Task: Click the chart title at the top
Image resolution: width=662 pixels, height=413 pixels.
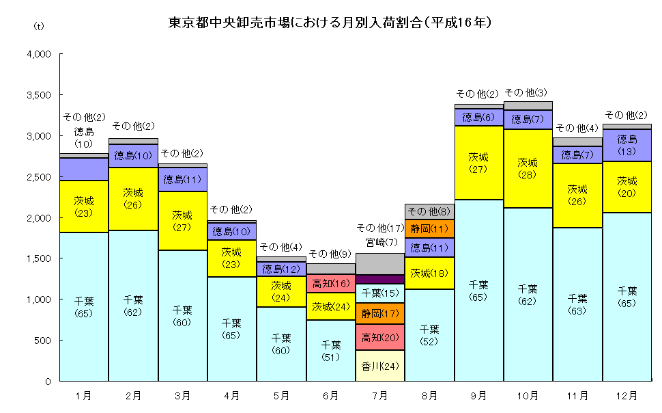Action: [331, 23]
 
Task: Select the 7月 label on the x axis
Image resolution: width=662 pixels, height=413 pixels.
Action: [380, 395]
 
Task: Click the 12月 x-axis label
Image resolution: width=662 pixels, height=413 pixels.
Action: [627, 395]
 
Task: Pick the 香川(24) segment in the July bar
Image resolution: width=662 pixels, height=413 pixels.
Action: [380, 365]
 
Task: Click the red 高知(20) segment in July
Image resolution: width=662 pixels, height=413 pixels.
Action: [380, 337]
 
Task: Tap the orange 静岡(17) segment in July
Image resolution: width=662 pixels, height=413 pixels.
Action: [380, 313]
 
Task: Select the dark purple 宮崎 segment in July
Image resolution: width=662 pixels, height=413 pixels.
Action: [380, 279]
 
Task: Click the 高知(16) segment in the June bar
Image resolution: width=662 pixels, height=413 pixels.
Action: [331, 283]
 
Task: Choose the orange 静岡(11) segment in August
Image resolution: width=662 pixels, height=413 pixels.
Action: [429, 229]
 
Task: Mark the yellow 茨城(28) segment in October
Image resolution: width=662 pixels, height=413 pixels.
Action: [528, 168]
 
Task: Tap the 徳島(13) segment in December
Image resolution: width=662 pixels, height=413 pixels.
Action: [627, 145]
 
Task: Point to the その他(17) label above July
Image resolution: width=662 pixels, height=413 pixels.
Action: [380, 228]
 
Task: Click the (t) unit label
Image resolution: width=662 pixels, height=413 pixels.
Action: [38, 26]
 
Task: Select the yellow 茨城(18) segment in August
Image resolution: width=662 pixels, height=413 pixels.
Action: [429, 273]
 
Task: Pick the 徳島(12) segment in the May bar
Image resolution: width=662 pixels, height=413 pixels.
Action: [281, 269]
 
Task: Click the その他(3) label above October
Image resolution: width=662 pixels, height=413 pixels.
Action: [528, 92]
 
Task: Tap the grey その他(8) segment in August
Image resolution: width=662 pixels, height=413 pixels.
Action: [429, 211]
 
